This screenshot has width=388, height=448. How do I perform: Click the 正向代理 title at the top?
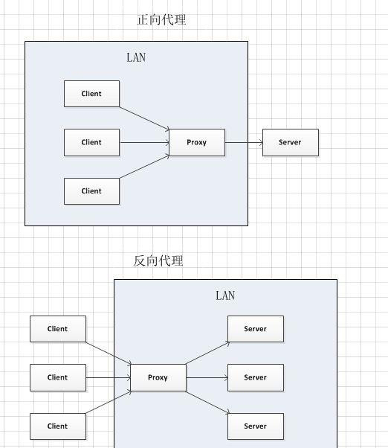coord(161,19)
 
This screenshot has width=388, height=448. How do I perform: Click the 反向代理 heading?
coord(158,260)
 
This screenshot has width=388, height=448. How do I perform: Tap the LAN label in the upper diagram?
coord(136,57)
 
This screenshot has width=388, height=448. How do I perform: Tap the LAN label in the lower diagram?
coord(225,295)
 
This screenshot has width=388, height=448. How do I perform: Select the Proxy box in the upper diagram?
coord(197,142)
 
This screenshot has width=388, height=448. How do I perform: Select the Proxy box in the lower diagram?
coord(158,377)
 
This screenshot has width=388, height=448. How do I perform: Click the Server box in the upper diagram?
coord(291,142)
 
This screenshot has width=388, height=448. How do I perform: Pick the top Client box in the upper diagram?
coord(91,94)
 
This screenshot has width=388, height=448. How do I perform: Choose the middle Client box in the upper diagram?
coord(91,142)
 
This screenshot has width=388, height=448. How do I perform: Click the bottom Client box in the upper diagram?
coord(91,191)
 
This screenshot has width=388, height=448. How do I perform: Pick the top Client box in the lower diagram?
coord(58,329)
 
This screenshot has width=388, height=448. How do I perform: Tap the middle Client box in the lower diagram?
coord(58,377)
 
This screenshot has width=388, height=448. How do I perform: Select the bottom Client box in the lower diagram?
coord(58,426)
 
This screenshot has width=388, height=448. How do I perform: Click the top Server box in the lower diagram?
coord(256,329)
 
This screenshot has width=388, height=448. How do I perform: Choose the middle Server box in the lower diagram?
coord(256,377)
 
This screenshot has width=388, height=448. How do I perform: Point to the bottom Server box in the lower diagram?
coord(256,426)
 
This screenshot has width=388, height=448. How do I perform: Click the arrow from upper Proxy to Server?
coord(244,142)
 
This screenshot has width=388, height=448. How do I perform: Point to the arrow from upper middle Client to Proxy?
coord(144,142)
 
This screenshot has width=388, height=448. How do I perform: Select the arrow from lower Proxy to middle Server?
coord(207,378)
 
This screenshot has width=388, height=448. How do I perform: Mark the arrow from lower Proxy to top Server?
coord(207,353)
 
